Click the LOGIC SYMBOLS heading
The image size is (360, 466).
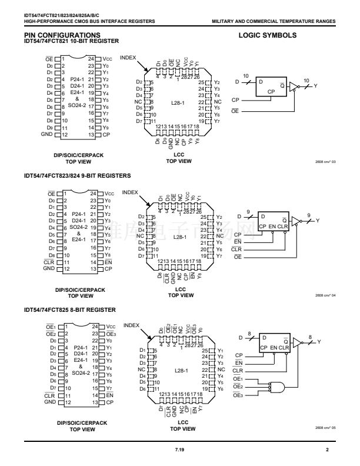268,35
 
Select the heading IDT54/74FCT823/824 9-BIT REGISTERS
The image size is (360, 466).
77,175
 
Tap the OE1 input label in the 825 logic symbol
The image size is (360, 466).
238,379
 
